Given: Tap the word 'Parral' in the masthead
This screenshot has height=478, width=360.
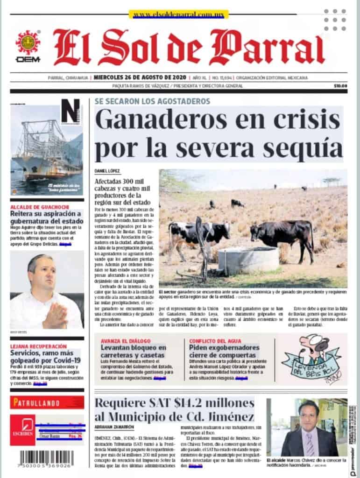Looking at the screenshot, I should [x=267, y=49].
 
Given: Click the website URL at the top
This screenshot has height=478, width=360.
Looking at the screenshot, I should [x=178, y=15].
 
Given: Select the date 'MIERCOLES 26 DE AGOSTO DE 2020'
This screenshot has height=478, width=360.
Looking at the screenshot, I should [x=140, y=77].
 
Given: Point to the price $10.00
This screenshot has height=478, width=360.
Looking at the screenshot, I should [x=340, y=86].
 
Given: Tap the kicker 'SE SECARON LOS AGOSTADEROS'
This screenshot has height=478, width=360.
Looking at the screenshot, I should [x=152, y=101].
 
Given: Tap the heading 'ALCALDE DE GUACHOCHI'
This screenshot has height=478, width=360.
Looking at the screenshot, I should [x=40, y=207].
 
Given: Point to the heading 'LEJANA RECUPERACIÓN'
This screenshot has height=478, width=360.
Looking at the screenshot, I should [x=38, y=346].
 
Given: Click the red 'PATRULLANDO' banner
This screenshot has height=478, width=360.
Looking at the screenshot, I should [x=47, y=402].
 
